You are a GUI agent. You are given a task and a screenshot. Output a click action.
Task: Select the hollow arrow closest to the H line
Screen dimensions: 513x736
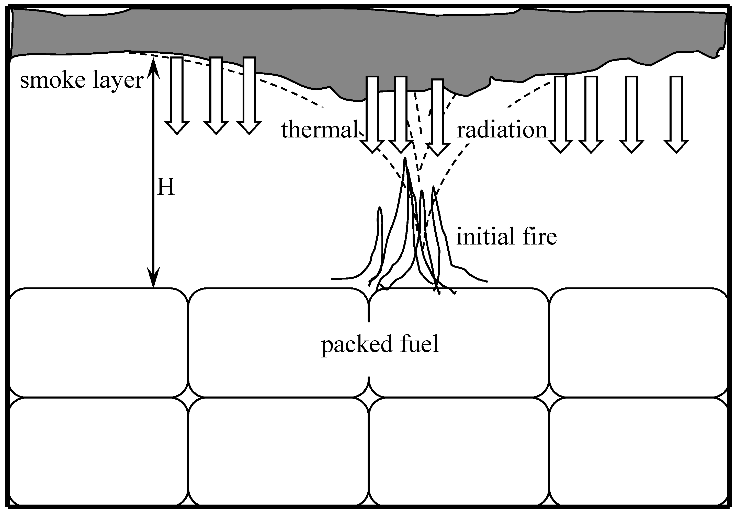tap(177, 96)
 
